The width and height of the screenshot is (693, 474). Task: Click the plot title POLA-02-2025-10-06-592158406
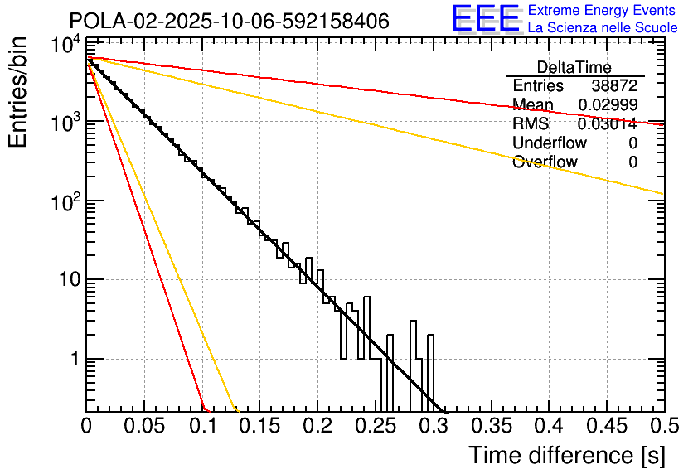pyautogui.click(x=229, y=21)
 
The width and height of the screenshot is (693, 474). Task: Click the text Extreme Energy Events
pyautogui.click(x=603, y=11)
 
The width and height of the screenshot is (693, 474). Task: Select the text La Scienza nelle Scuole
pyautogui.click(x=603, y=28)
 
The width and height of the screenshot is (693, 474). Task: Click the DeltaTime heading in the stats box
pyautogui.click(x=574, y=67)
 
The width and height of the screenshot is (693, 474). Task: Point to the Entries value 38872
pyautogui.click(x=614, y=86)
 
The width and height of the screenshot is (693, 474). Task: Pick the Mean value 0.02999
pyautogui.click(x=607, y=104)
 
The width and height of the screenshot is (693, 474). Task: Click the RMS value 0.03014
pyautogui.click(x=607, y=124)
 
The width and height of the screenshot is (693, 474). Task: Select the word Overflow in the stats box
pyautogui.click(x=545, y=162)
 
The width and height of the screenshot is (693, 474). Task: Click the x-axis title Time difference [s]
pyautogui.click(x=566, y=455)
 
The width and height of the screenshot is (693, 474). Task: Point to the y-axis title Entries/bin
pyautogui.click(x=20, y=93)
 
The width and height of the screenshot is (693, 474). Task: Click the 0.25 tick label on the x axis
pyautogui.click(x=375, y=427)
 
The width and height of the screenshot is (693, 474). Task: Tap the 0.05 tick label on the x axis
pyautogui.click(x=144, y=427)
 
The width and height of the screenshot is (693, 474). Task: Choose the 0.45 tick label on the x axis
pyautogui.click(x=606, y=427)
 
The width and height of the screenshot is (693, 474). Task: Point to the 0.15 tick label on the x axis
pyautogui.click(x=259, y=427)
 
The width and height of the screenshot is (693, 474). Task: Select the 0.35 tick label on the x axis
pyautogui.click(x=490, y=427)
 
